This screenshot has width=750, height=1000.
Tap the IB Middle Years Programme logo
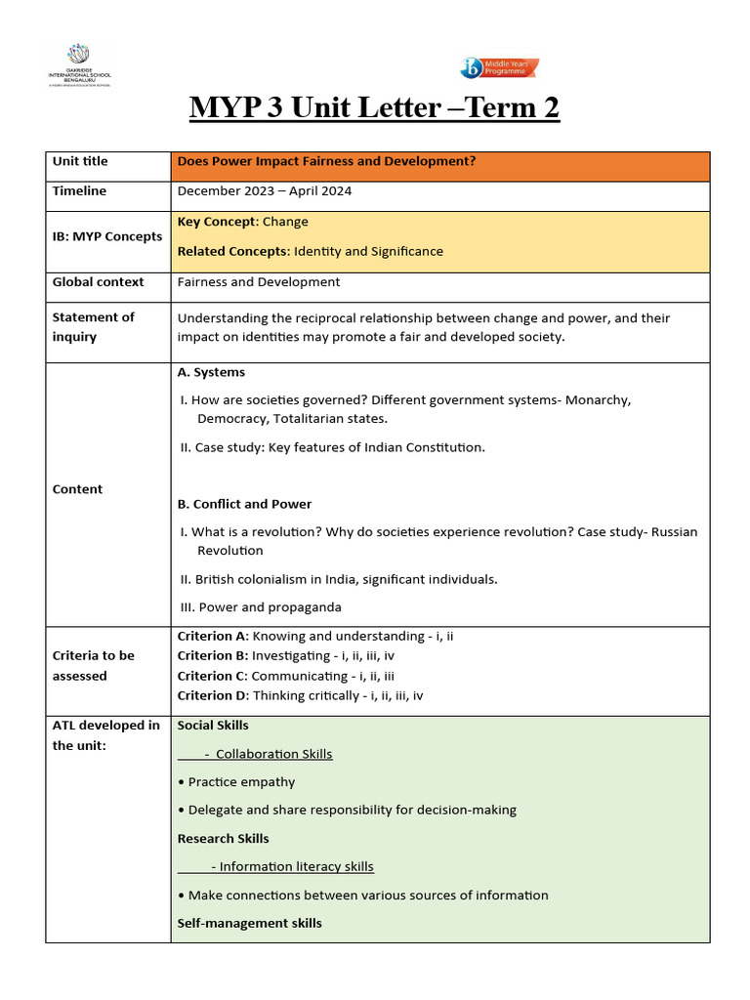pos(499,67)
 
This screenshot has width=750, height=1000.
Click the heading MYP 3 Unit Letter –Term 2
pos(374,107)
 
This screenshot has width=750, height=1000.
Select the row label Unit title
pos(80,161)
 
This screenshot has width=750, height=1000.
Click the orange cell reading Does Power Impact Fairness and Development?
pos(326,161)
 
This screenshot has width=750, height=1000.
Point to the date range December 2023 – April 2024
pos(264,191)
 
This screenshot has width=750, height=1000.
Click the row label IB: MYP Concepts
pos(107,236)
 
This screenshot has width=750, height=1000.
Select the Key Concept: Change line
pos(242,222)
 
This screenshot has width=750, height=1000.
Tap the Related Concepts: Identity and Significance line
pos(310,251)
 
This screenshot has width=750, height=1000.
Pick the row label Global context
pos(98,282)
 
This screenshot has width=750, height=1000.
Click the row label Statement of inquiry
pos(93,326)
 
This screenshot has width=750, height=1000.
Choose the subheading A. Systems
pos(211,372)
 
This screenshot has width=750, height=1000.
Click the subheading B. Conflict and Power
pos(244,504)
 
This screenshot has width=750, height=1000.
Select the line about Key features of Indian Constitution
pos(332,447)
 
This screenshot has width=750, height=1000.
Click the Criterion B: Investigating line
pos(299,656)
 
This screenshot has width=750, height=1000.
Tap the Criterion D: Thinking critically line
pos(300,696)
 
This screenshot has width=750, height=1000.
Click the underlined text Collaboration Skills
pos(273,754)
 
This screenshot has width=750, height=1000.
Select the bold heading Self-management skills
pos(249,923)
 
